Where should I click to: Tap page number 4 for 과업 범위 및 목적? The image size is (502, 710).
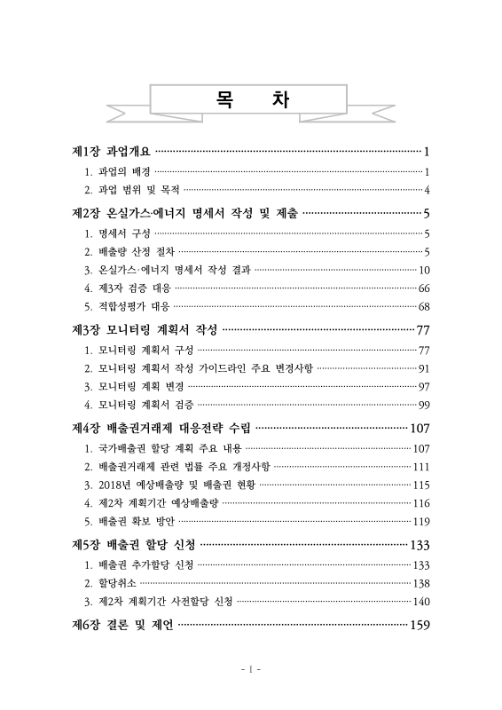click(427, 189)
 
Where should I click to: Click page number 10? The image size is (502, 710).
click(424, 270)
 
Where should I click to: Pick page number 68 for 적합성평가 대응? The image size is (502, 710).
click(424, 307)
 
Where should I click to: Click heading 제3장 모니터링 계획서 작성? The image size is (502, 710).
click(144, 331)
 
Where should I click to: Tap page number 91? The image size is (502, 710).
click(424, 368)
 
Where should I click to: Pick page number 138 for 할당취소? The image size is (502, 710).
click(421, 583)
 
